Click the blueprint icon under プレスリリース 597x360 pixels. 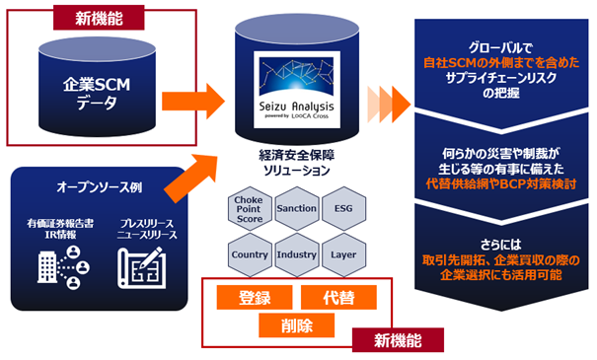coord(144,265)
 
